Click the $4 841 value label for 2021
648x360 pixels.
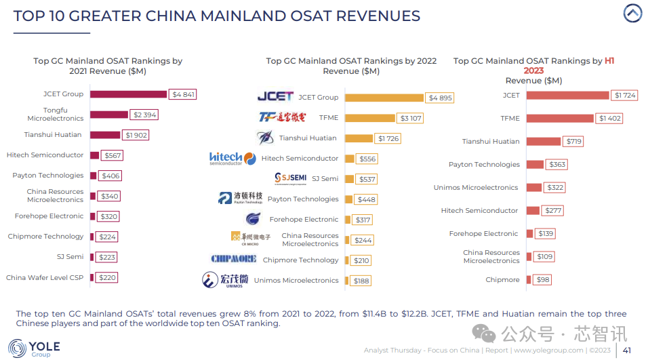[x=183, y=94]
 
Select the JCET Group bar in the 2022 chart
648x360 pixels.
[x=384, y=98]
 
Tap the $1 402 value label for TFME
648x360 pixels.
[x=609, y=119]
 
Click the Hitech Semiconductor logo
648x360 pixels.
[x=226, y=159]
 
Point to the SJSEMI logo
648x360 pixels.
[x=290, y=178]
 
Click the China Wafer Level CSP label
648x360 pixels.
[x=45, y=277]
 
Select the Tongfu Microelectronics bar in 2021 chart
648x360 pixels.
[x=108, y=115]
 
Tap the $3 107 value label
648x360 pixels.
[x=411, y=118]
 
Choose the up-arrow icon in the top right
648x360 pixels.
[x=632, y=14]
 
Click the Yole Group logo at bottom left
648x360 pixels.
[x=34, y=348]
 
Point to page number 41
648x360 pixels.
[x=627, y=351]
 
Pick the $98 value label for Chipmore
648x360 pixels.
[x=542, y=280]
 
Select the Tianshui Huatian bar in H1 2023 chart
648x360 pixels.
[x=543, y=142]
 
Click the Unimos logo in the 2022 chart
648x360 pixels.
[x=224, y=280]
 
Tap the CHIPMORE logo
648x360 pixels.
[x=233, y=259]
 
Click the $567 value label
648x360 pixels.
[x=113, y=155]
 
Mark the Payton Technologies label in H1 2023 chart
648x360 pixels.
[x=484, y=165]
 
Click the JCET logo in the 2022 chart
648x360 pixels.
[x=275, y=97]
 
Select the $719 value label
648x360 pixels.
[x=573, y=142]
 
